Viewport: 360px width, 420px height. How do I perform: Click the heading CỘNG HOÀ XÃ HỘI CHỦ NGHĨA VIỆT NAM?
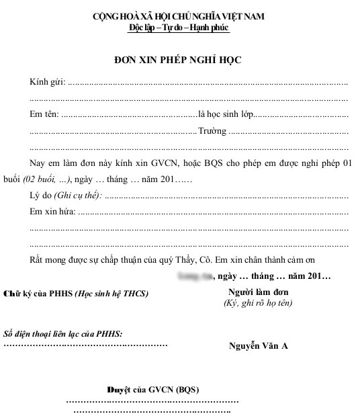179,17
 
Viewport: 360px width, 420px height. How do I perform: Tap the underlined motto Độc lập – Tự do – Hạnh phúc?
179,28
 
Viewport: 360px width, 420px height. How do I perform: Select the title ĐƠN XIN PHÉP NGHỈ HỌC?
178,60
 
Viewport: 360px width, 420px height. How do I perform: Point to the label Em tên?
44,114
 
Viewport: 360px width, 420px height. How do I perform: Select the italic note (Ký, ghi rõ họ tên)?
259,303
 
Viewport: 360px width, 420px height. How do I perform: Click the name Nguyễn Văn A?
259,345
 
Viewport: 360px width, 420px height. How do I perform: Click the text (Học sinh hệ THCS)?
111,293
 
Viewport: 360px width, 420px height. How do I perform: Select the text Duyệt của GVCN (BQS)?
153,390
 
